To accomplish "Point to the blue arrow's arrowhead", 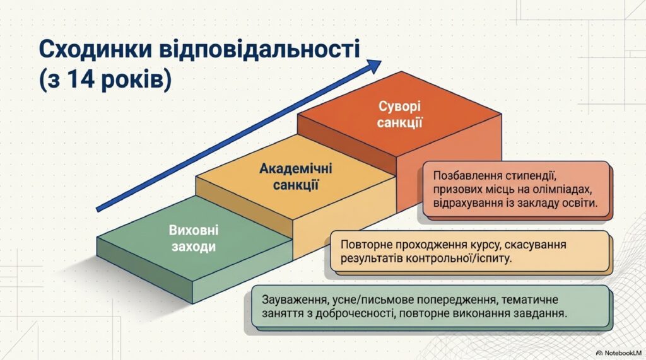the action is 373,66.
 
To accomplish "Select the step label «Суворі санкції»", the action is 399,115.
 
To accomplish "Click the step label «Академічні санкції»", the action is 296,177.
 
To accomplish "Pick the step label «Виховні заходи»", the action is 194,238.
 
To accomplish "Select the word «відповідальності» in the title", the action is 259,50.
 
